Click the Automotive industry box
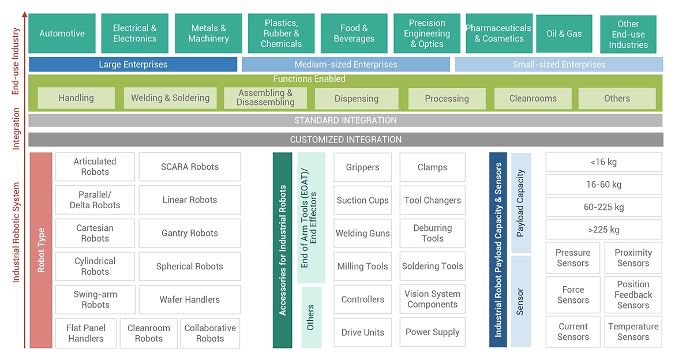62,33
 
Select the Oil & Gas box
564,33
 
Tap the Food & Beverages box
354,33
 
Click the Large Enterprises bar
133,64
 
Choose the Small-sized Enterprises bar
558,64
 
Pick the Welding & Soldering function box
170,98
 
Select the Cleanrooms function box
532,98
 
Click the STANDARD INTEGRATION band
345,120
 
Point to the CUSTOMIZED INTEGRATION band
345,140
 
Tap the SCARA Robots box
190,167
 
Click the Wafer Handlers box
190,299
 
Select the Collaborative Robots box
210,333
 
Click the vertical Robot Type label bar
41,250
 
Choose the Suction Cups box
362,200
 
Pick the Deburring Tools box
432,233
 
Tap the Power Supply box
432,332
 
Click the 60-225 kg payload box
603,207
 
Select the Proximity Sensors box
633,258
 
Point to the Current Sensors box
573,332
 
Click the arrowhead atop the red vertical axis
24,14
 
